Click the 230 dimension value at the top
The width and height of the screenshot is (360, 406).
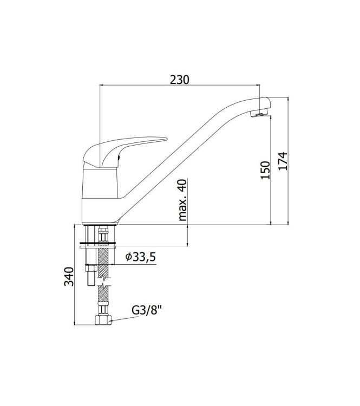tap(179, 79)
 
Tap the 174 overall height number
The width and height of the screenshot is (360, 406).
tap(282, 161)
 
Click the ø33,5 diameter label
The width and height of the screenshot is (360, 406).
tap(140, 257)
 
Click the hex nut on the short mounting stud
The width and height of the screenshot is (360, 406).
tap(90, 269)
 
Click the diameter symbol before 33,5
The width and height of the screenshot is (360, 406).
tap(128, 258)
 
